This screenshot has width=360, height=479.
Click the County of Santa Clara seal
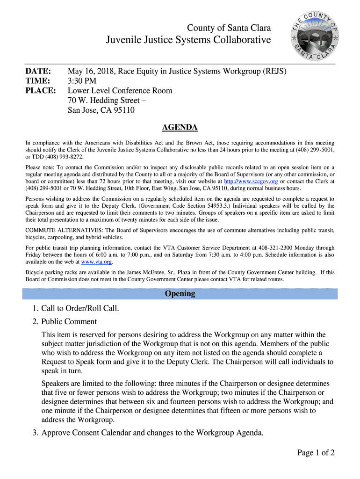coord(314,36)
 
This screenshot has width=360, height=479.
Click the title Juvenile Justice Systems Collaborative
coord(188,40)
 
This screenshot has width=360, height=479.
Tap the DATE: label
coord(38,72)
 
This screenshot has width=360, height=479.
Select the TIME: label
coord(37,81)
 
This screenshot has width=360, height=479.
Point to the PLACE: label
coord(40,91)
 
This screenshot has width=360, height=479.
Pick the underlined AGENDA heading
coord(180,128)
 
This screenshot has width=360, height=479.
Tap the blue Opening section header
coord(180,294)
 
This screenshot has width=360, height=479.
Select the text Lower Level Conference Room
coord(120,91)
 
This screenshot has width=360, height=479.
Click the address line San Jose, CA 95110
coord(101,110)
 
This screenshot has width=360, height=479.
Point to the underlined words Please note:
coord(40,167)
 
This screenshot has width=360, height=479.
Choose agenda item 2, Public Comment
coord(69,321)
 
